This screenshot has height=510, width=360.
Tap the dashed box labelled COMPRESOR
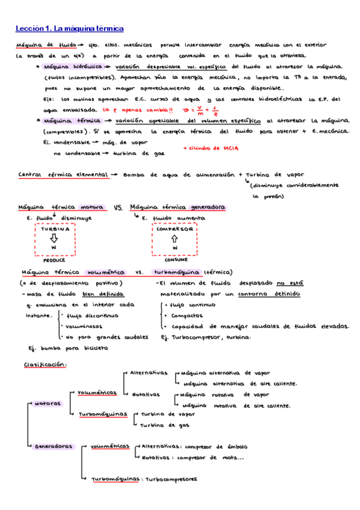pos(175,239)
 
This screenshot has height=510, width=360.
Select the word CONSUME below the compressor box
pos(175,261)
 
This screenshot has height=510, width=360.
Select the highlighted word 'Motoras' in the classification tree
pos(47,403)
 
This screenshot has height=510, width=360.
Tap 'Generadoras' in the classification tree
pos(55,446)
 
